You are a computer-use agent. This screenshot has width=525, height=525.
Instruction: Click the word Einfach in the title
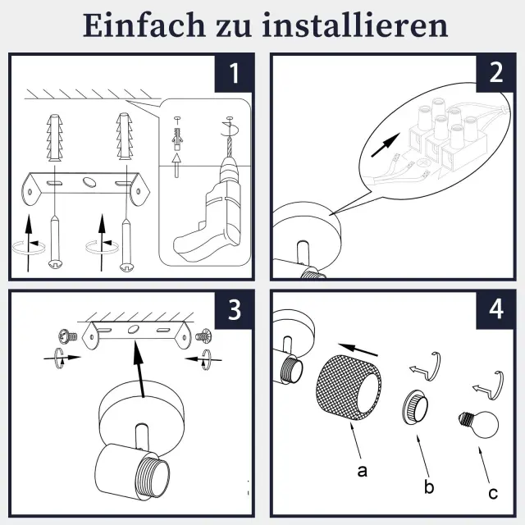tap(144, 25)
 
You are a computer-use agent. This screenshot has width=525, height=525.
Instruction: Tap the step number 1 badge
tap(233, 73)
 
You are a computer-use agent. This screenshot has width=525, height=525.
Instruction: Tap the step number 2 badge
tap(495, 73)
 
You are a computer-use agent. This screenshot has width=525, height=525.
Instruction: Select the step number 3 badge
tap(233, 310)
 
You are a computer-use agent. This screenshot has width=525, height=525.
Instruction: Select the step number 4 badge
tap(495, 310)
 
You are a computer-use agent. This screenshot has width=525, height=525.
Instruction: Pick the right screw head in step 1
tap(126, 266)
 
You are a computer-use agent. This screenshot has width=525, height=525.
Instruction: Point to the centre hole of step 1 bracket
tap(89, 181)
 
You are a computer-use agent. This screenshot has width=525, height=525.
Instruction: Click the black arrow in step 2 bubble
tap(386, 145)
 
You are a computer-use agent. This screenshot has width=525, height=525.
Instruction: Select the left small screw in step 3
tap(68, 336)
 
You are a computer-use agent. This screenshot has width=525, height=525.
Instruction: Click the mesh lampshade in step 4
tap(349, 387)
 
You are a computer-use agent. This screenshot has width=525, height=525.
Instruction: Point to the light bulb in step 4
tap(479, 425)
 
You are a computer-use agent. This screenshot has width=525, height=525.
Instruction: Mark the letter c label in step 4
tap(493, 493)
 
